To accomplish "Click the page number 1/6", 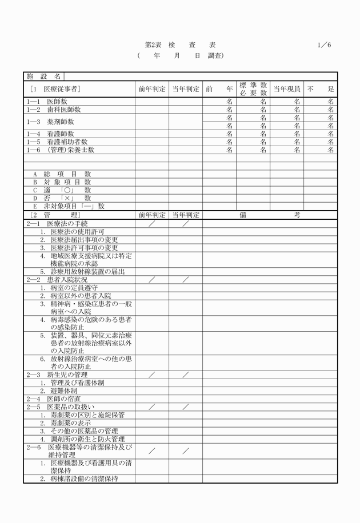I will tap(324, 45).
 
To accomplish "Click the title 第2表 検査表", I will tap(181, 45).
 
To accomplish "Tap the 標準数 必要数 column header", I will tap(253, 88).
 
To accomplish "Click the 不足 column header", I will tap(321, 88).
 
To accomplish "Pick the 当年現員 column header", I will tap(287, 88).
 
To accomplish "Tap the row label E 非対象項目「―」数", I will tap(69, 206).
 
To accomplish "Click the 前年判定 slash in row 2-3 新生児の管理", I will tap(151, 375).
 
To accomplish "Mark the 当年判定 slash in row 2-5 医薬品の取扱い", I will tap(186, 407).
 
